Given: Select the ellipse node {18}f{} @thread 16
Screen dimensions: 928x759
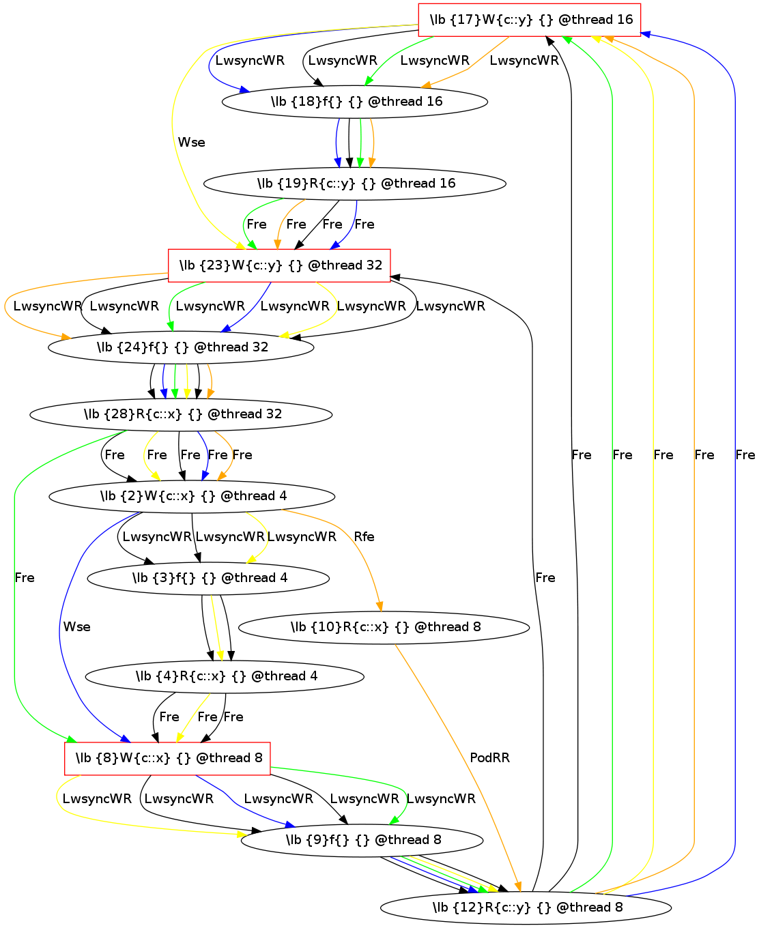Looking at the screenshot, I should [355, 102].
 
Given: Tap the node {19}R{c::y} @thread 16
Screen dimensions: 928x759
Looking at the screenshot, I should [355, 184].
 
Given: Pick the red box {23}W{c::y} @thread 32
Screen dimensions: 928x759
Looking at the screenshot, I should [280, 265].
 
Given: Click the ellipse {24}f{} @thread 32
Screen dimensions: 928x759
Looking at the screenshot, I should [181, 347].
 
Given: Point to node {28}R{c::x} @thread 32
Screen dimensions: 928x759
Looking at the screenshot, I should [182, 414].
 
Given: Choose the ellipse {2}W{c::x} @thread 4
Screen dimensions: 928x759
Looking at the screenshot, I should [192, 496].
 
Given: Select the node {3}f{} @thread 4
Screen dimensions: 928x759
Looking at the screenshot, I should [209, 578].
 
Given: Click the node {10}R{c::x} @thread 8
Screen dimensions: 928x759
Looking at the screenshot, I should [384, 627].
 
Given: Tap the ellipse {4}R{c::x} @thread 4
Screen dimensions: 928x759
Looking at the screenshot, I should [225, 676].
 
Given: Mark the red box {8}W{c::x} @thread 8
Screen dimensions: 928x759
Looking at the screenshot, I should [167, 758].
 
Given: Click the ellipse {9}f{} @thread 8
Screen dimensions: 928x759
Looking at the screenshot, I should [362, 840].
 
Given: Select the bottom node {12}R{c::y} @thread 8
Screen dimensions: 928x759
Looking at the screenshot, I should [526, 907].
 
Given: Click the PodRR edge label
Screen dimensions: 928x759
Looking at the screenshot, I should [489, 758].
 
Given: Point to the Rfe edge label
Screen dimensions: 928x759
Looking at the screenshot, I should [364, 537].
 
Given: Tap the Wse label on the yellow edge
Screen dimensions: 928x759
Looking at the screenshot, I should [191, 143].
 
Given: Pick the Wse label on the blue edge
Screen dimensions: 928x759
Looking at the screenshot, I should [76, 627].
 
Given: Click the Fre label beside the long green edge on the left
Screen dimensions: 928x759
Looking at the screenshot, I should [25, 578].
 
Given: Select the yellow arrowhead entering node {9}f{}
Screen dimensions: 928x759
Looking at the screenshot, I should [241, 834].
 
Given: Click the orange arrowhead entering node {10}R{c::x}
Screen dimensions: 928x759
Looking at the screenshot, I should [380, 607].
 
